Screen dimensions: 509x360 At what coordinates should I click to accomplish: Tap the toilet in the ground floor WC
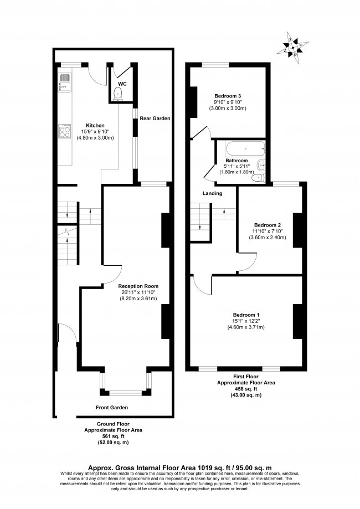[117, 95]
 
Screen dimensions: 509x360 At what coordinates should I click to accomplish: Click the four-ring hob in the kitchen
[64, 131]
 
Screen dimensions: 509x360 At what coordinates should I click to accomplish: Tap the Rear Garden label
[155, 119]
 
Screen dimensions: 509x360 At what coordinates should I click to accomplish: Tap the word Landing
[212, 194]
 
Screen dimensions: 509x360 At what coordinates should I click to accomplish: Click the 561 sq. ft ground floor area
[113, 436]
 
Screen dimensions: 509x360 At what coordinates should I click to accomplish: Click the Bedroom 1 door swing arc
[202, 285]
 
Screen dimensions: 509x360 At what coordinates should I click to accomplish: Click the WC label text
[122, 84]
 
